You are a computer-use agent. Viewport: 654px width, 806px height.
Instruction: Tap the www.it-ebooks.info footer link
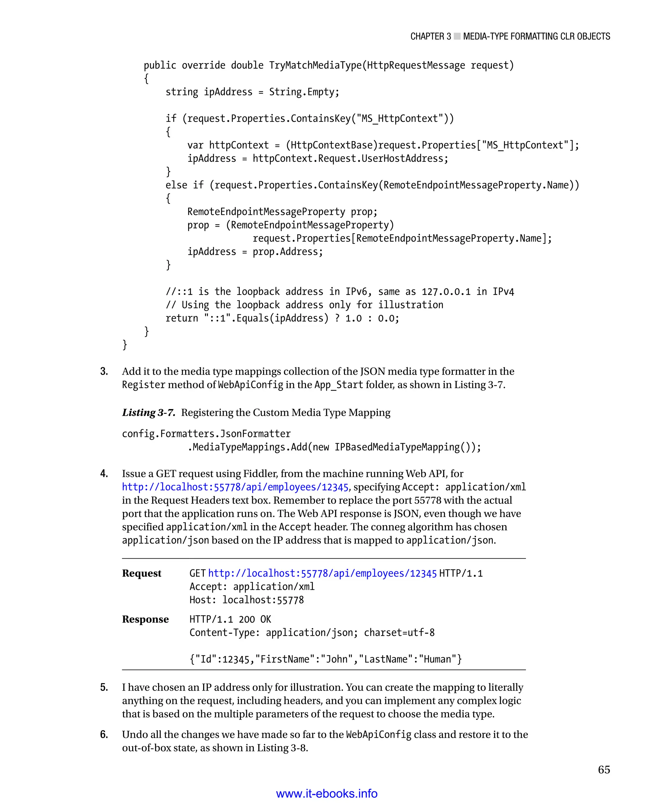click(x=327, y=793)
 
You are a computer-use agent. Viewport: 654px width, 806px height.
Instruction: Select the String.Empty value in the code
click(x=304, y=92)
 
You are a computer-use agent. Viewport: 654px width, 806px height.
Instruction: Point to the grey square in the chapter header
click(x=457, y=36)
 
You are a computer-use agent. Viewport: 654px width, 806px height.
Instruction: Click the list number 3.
click(x=104, y=371)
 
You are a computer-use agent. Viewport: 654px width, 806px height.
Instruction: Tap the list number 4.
click(x=104, y=473)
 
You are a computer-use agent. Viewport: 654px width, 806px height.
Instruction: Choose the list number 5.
click(x=104, y=687)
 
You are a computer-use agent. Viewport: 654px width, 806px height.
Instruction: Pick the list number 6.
click(x=104, y=734)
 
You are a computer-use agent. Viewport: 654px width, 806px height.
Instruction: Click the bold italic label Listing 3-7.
click(x=148, y=412)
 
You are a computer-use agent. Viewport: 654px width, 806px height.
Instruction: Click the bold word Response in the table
click(x=145, y=619)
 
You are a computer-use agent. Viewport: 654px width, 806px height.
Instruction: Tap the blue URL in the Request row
click(x=322, y=573)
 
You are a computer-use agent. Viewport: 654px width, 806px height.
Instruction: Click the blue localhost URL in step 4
click(x=235, y=487)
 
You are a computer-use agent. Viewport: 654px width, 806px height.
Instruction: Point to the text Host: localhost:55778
click(x=247, y=600)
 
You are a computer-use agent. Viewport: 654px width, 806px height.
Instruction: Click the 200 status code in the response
click(x=247, y=619)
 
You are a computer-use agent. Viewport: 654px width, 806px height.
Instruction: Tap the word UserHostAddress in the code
click(x=402, y=159)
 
